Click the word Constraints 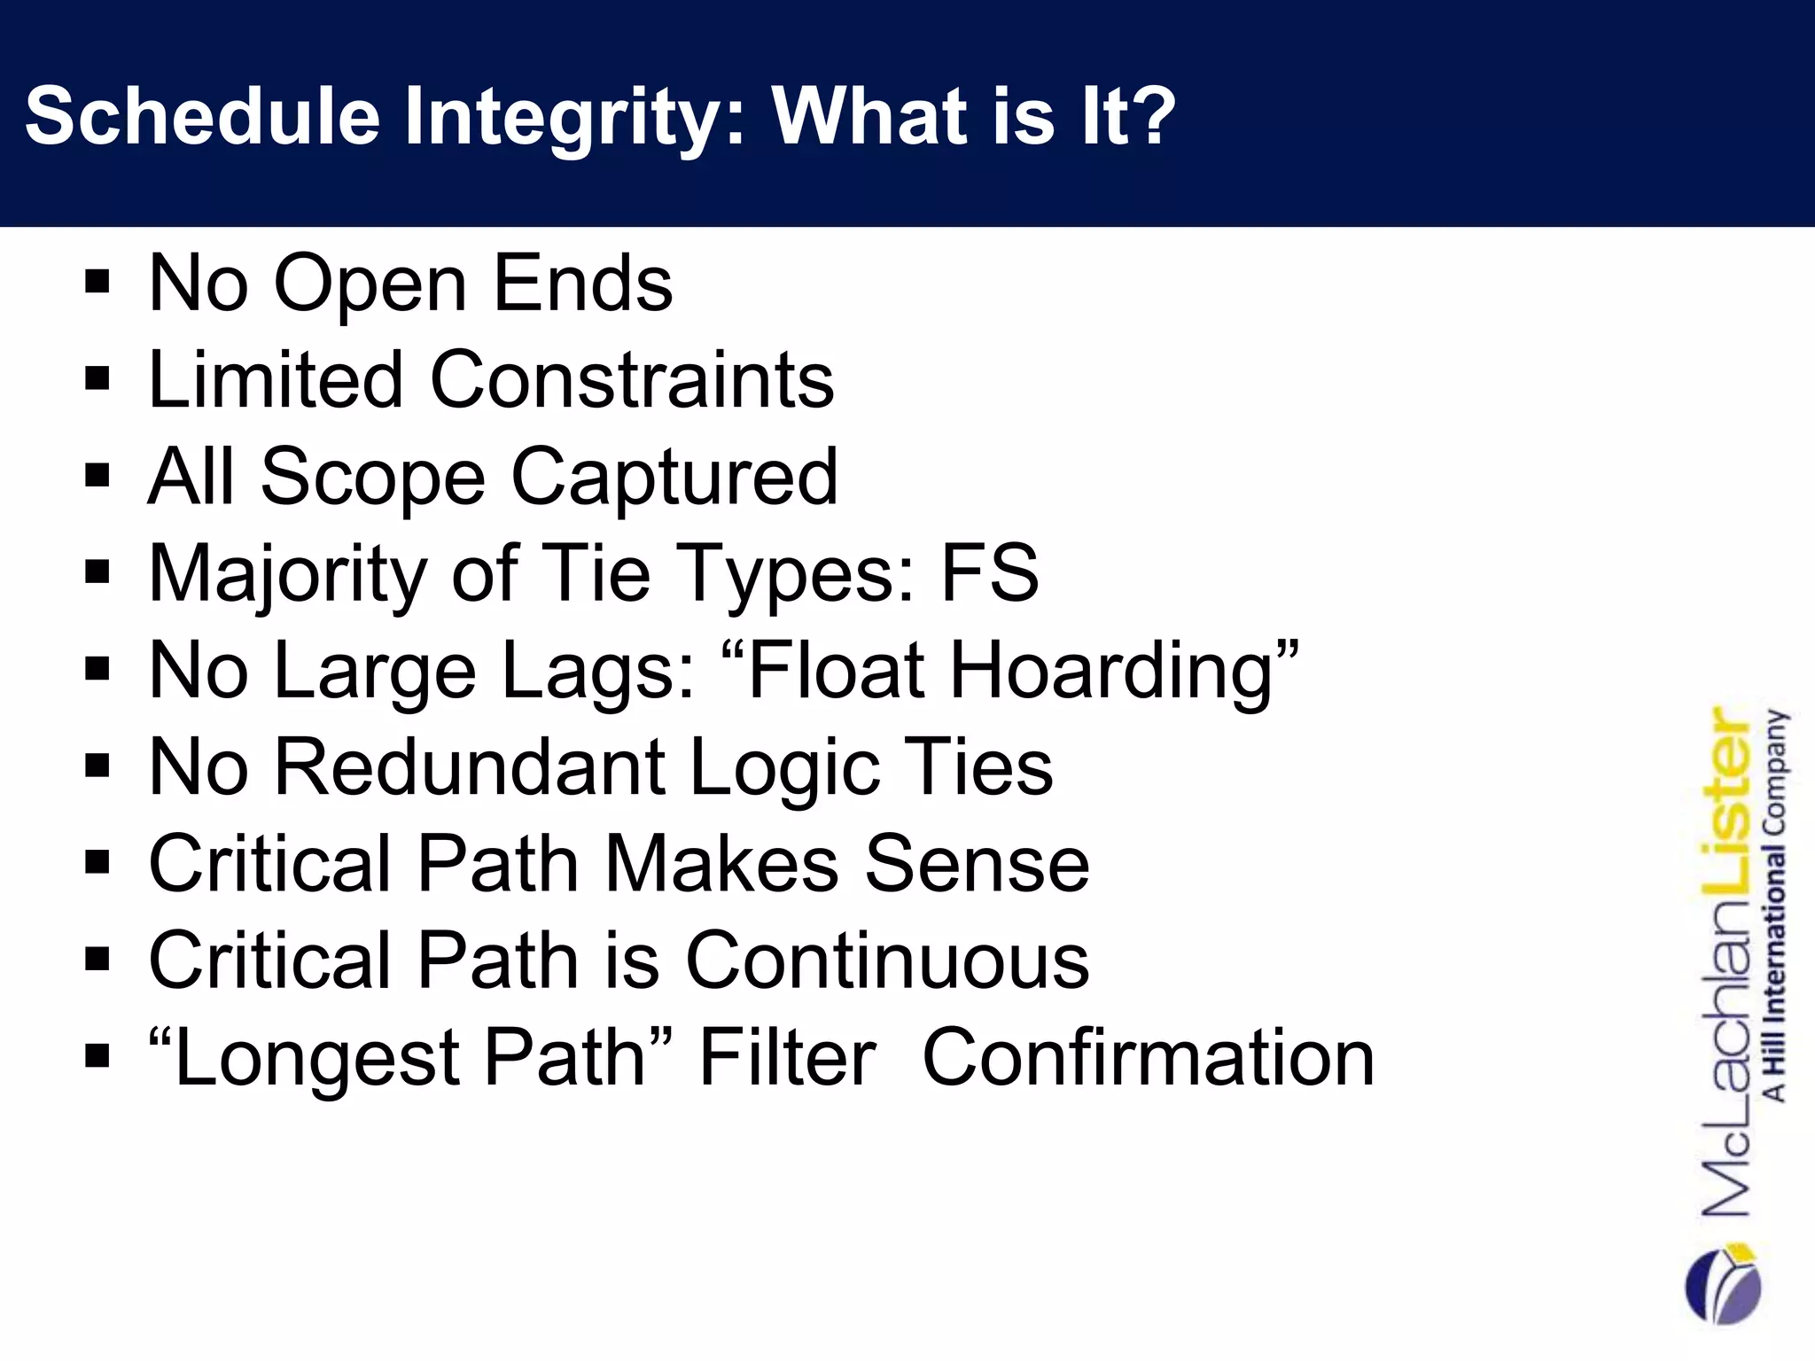632,380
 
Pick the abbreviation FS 989,573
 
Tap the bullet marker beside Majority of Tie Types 97,573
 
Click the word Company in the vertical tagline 1776,771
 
